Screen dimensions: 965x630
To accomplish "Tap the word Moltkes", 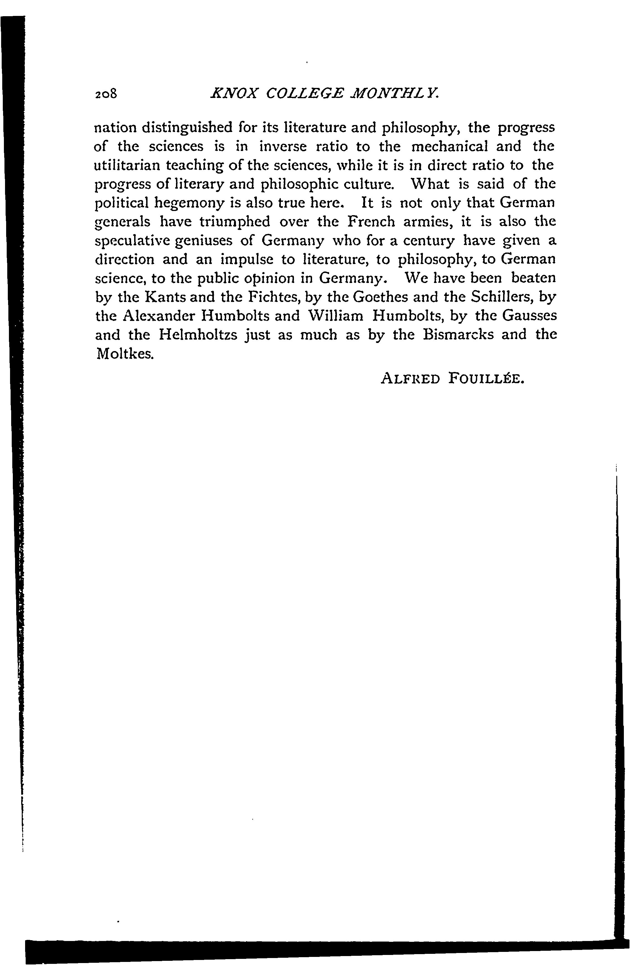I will click(x=124, y=354).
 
